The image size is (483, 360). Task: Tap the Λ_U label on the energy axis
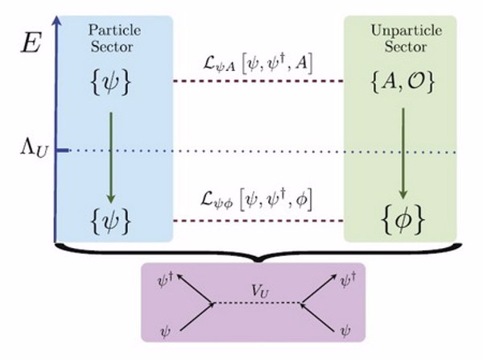(32, 150)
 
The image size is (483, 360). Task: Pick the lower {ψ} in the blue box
(112, 218)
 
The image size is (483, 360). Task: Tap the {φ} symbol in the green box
(403, 218)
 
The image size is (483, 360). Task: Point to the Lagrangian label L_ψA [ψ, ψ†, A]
(259, 60)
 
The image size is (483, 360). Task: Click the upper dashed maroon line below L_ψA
(259, 81)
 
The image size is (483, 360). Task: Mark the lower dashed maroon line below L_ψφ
(259, 219)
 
